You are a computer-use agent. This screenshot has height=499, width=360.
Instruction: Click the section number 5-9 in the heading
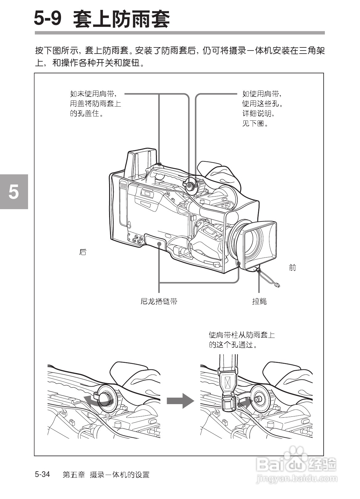(x=48, y=19)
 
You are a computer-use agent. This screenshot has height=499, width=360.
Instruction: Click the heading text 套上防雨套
(x=121, y=19)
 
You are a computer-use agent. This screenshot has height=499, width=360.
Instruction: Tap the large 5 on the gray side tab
(x=14, y=192)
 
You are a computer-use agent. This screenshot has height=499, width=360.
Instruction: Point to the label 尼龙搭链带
(x=159, y=301)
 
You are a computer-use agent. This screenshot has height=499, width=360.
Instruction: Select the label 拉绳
(x=259, y=301)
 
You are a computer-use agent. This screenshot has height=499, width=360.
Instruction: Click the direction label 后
(x=83, y=252)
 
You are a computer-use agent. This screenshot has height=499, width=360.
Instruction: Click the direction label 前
(x=292, y=267)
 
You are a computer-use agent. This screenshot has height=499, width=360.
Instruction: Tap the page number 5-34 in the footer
(x=43, y=474)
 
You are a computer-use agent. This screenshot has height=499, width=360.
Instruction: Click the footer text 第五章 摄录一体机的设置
(x=106, y=475)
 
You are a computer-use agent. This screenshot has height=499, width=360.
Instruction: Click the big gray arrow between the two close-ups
(x=180, y=401)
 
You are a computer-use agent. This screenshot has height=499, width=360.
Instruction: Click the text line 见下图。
(x=255, y=124)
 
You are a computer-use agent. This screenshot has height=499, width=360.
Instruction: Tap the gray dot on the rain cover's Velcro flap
(x=159, y=244)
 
